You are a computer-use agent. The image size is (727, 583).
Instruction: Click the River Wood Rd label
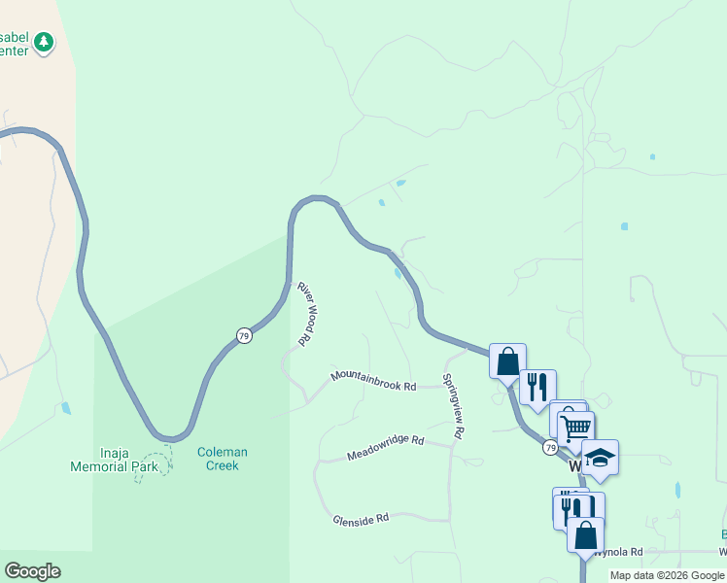point(307,314)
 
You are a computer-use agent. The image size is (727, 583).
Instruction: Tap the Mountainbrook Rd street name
point(373,380)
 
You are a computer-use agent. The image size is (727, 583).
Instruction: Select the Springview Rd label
point(453,407)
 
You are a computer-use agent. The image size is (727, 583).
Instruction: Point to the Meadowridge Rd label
point(386,447)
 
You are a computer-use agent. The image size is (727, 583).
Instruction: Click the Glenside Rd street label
point(361,519)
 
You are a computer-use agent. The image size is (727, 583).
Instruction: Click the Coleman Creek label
point(223,459)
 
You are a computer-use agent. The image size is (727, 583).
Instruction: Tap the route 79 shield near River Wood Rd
point(243,335)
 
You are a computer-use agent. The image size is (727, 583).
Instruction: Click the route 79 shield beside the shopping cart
point(550,447)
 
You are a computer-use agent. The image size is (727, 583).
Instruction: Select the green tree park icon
point(43,42)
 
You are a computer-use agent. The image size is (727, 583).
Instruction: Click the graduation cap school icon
point(600,458)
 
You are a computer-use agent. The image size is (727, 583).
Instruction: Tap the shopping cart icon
point(575,427)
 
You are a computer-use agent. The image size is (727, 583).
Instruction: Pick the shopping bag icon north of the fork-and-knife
point(507,360)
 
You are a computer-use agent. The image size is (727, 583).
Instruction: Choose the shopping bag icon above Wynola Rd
point(585,534)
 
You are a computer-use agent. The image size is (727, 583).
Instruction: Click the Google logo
point(32,571)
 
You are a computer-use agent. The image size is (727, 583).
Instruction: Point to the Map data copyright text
point(667,575)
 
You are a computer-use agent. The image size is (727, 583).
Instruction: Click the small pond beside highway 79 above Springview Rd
point(399,273)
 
